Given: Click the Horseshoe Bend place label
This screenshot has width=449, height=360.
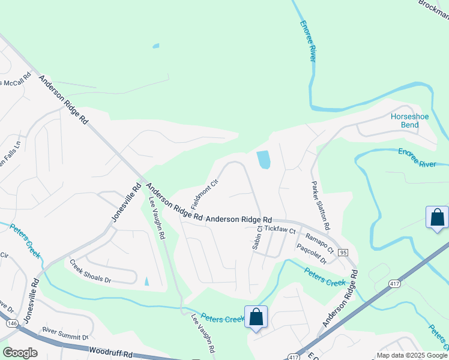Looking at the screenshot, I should point(410,121).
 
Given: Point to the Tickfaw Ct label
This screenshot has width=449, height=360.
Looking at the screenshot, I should point(280,230).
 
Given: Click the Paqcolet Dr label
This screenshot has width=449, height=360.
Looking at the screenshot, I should point(312,253).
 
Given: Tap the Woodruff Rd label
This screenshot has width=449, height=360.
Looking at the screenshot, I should point(109,351).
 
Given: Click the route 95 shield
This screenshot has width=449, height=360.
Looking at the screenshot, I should point(343,253).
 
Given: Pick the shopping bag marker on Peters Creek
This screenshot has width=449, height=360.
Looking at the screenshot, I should point(256,316).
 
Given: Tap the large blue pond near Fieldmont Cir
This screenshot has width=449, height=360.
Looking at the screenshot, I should point(263,160).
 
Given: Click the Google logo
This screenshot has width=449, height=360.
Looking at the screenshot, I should point(20,353).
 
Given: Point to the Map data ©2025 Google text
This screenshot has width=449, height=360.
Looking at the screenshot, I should point(411,355).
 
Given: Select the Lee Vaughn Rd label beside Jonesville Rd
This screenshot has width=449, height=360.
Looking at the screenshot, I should point(157,219).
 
